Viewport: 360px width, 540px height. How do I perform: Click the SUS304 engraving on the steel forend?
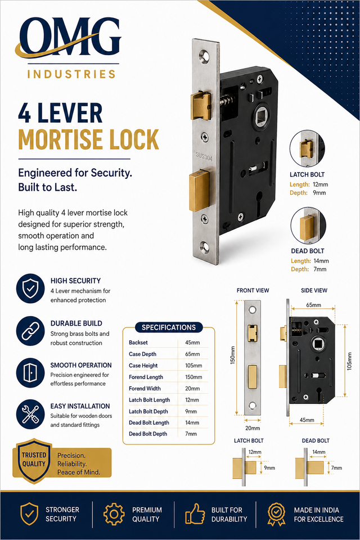pos(204,156)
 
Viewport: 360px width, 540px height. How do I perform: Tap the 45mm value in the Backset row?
pos(192,343)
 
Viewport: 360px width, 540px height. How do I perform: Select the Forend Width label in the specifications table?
pos(145,389)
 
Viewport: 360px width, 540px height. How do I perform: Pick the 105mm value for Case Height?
pos(193,366)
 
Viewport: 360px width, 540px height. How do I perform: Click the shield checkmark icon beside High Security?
pos(30,289)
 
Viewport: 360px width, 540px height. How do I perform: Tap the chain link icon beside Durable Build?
pos(30,331)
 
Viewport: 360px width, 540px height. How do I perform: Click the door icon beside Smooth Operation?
pos(30,372)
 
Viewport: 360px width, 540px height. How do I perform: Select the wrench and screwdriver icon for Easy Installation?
pos(30,415)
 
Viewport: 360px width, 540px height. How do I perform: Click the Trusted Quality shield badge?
pos(33,461)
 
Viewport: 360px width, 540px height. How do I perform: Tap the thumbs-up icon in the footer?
pos(195,515)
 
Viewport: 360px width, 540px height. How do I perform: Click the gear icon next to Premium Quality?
pos(114,515)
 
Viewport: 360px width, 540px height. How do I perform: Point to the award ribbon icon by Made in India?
pos(276,515)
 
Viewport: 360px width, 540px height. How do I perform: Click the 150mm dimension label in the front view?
pos(232,355)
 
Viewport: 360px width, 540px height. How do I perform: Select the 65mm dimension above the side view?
pos(313,305)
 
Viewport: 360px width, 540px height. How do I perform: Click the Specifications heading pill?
pos(169,327)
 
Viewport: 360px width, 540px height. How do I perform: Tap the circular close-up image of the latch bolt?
pos(307,148)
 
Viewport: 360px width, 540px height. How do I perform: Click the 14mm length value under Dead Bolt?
pos(321,261)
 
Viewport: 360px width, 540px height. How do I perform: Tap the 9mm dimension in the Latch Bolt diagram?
pos(269,467)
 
